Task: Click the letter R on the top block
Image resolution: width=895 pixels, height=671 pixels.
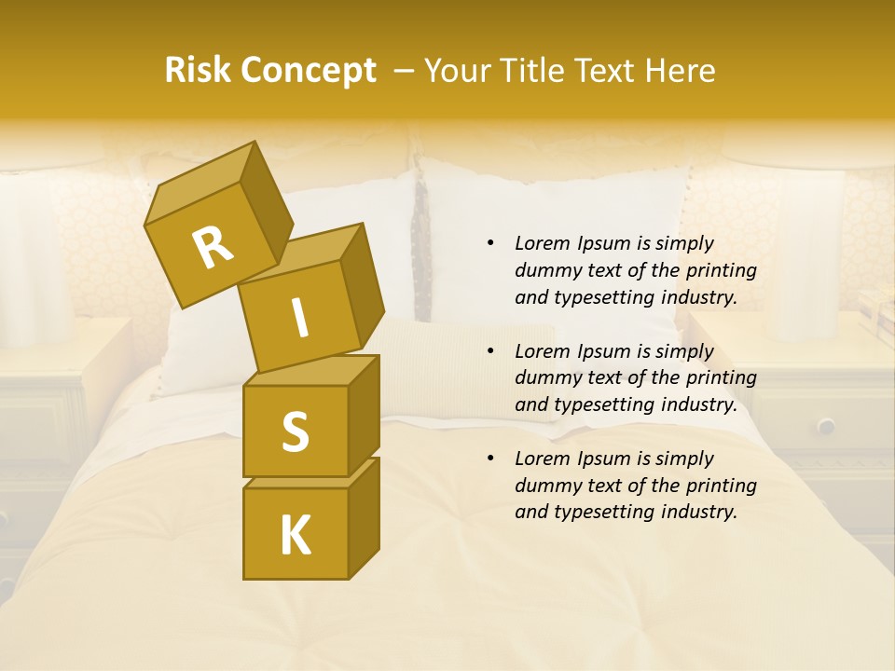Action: pyautogui.click(x=213, y=247)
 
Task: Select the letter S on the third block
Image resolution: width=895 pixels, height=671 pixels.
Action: pyautogui.click(x=295, y=432)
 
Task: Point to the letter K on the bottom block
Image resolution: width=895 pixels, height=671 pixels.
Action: pyautogui.click(x=295, y=536)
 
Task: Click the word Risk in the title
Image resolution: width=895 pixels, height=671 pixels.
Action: pyautogui.click(x=197, y=71)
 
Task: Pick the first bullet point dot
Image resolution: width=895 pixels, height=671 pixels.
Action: pyautogui.click(x=490, y=243)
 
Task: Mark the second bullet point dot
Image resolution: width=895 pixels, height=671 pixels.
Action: pyautogui.click(x=490, y=351)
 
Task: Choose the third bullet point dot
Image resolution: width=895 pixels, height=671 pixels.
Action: pyautogui.click(x=490, y=459)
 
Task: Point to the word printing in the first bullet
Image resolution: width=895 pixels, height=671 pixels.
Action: pyautogui.click(x=722, y=270)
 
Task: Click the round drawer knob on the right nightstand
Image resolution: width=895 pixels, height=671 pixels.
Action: pyautogui.click(x=826, y=426)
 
